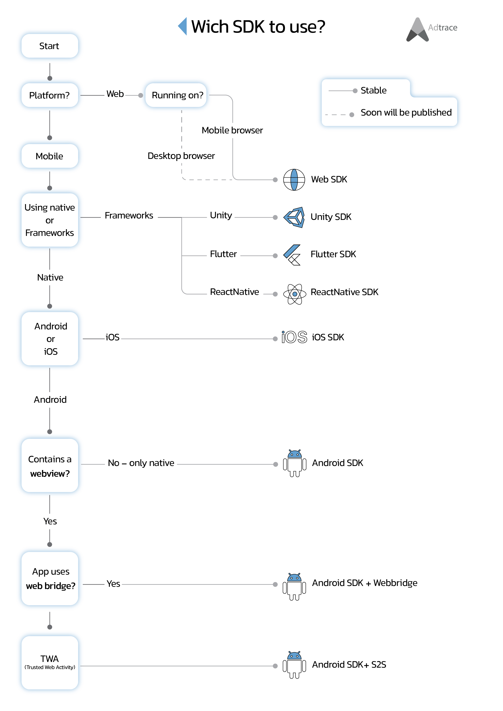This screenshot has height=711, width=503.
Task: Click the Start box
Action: (49, 46)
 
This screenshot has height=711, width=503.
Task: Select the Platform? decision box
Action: (49, 95)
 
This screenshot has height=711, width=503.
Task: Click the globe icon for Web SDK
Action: (294, 180)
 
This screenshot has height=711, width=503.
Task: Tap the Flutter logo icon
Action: (292, 255)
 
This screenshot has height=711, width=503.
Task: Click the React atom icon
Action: (294, 294)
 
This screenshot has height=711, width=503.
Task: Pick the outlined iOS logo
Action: (294, 337)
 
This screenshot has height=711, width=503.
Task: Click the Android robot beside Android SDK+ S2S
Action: (294, 665)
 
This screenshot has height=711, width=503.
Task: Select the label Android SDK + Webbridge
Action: (364, 583)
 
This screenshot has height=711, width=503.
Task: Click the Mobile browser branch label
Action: (232, 130)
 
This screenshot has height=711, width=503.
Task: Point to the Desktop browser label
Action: (181, 156)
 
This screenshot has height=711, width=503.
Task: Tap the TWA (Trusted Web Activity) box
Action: (49, 663)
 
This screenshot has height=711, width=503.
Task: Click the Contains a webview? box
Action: (49, 465)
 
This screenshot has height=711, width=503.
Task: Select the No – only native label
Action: (141, 463)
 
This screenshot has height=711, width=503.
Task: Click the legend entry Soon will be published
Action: (406, 113)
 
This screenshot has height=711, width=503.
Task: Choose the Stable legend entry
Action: (373, 90)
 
